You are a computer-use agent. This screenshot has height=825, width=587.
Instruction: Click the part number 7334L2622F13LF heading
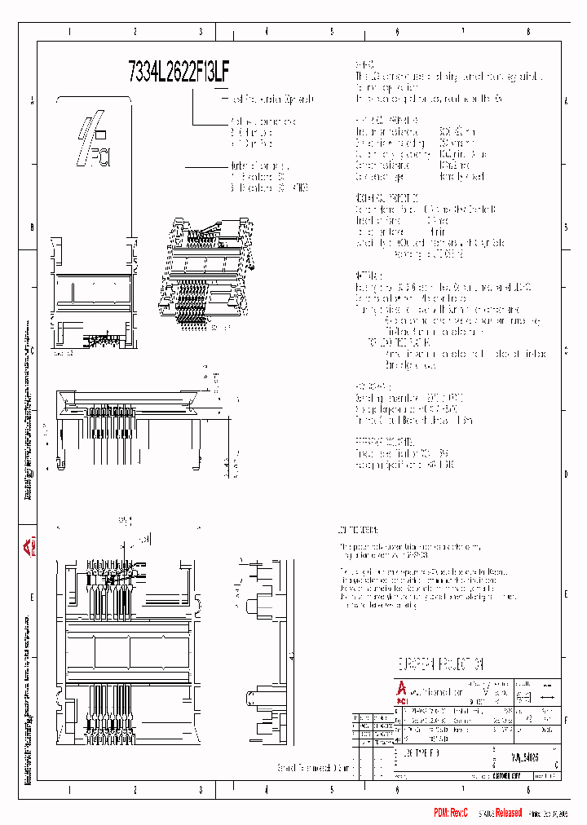(179, 72)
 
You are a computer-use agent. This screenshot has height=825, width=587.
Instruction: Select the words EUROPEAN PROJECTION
(440, 664)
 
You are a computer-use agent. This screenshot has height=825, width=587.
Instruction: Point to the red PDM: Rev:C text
(450, 813)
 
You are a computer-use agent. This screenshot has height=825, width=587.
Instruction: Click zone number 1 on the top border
(70, 32)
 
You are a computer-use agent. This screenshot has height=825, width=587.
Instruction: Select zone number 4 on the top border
(267, 32)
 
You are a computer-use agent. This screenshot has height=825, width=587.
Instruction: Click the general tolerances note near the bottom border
(314, 767)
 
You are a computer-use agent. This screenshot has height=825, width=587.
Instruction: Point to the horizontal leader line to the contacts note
(208, 166)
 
